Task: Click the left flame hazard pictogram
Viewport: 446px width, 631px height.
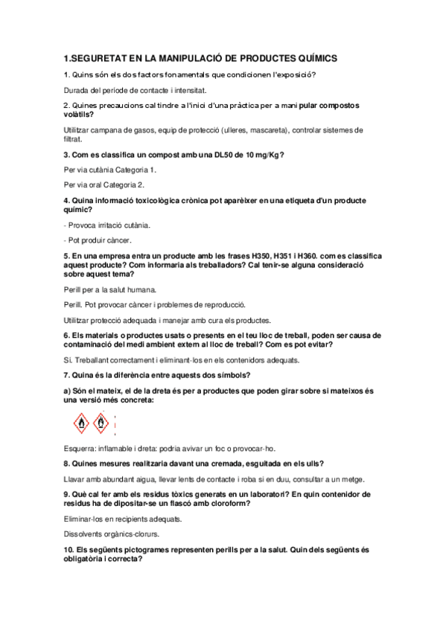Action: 81,424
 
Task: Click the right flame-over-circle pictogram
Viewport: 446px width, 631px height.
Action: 101,424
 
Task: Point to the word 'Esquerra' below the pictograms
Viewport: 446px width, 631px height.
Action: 81,449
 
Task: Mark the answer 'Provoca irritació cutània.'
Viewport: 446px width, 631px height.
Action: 108,224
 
